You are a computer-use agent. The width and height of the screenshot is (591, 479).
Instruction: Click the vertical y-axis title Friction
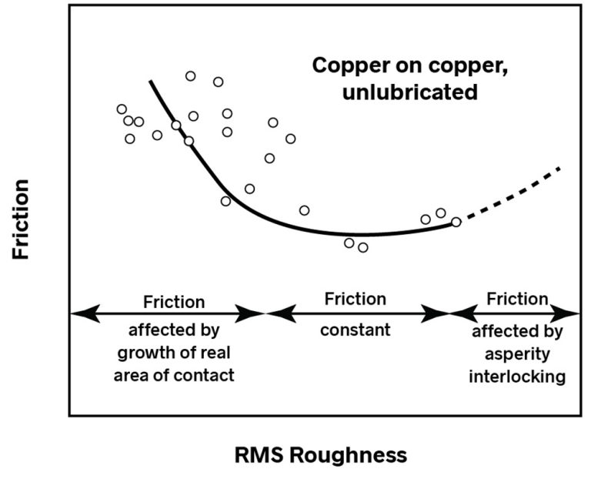[x=21, y=219]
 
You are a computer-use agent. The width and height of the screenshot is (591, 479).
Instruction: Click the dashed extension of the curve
[x=512, y=196]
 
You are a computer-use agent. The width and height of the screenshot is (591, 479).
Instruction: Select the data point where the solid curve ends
[x=456, y=222]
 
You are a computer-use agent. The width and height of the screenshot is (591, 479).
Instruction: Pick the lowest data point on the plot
[x=363, y=247]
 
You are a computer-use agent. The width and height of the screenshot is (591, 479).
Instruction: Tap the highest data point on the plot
[x=190, y=75]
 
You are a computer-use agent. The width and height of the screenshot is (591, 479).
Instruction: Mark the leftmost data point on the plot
[x=122, y=109]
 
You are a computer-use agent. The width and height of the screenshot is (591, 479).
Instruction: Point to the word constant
[x=355, y=330]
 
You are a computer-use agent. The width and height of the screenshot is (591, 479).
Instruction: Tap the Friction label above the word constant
[x=355, y=298]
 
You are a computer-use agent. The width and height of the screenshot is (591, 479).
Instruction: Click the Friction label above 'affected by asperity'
[x=518, y=298]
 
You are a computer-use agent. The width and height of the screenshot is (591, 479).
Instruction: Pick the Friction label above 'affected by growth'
[x=174, y=301]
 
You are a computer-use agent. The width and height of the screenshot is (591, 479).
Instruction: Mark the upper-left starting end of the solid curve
[x=151, y=81]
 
